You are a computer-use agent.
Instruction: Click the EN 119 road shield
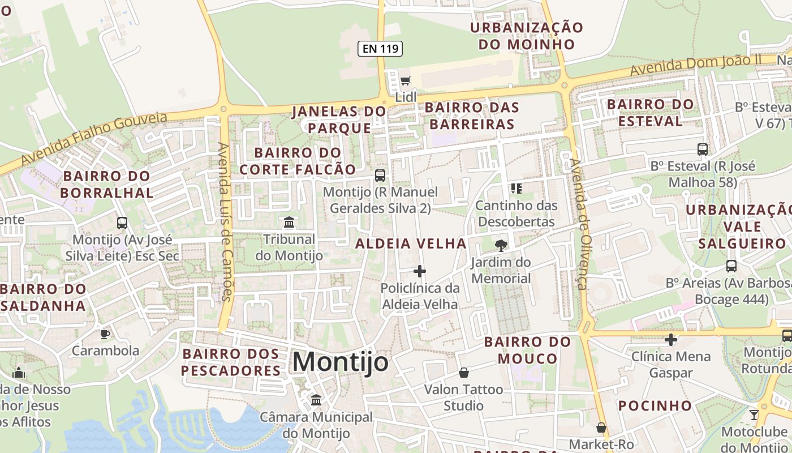pyautogui.click(x=380, y=49)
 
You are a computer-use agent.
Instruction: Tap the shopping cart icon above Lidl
pyautogui.click(x=405, y=81)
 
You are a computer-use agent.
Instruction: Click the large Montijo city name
pyautogui.click(x=341, y=362)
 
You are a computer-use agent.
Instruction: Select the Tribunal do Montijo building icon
pyautogui.click(x=289, y=222)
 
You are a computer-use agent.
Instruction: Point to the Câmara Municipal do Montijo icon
pyautogui.click(x=316, y=400)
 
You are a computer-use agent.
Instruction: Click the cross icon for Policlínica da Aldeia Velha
pyautogui.click(x=419, y=271)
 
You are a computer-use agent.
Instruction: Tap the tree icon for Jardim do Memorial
pyautogui.click(x=501, y=245)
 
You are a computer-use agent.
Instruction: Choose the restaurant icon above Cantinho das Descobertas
pyautogui.click(x=516, y=188)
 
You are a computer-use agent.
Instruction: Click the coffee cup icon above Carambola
pyautogui.click(x=105, y=334)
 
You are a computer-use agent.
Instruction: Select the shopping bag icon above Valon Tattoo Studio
pyautogui.click(x=463, y=373)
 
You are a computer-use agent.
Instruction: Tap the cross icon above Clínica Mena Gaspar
pyautogui.click(x=670, y=340)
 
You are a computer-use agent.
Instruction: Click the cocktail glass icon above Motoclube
pyautogui.click(x=754, y=414)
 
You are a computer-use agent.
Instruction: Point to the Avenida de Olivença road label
pyautogui.click(x=580, y=224)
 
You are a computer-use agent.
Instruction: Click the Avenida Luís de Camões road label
pyautogui.click(x=225, y=221)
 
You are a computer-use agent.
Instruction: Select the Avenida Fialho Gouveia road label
pyautogui.click(x=94, y=138)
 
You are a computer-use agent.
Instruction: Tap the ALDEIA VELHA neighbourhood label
pyautogui.click(x=411, y=243)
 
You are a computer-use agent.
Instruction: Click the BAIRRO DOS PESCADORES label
pyautogui.click(x=231, y=362)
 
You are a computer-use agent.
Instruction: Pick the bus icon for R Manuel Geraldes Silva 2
pyautogui.click(x=380, y=176)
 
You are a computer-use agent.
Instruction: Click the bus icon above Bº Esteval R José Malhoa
pyautogui.click(x=702, y=149)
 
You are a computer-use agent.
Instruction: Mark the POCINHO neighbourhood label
pyautogui.click(x=655, y=405)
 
